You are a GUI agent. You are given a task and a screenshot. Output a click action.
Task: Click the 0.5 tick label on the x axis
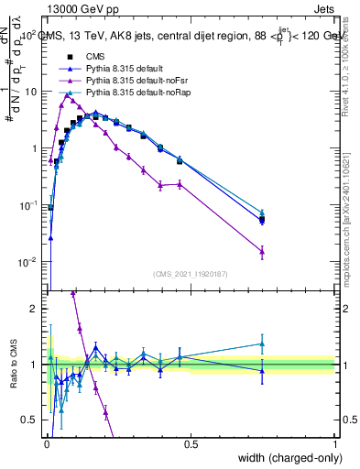191,443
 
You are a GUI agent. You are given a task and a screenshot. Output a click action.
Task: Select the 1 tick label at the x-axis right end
334,443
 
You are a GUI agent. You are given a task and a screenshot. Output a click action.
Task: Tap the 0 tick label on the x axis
46,443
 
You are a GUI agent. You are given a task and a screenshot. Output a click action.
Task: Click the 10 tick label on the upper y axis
30,92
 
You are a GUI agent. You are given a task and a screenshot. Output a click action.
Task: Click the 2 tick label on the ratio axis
35,309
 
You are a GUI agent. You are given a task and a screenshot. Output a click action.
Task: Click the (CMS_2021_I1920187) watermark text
191,272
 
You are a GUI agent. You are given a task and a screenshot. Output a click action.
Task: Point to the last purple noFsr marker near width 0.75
262,251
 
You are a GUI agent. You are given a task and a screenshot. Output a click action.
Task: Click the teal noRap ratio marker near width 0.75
262,344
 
